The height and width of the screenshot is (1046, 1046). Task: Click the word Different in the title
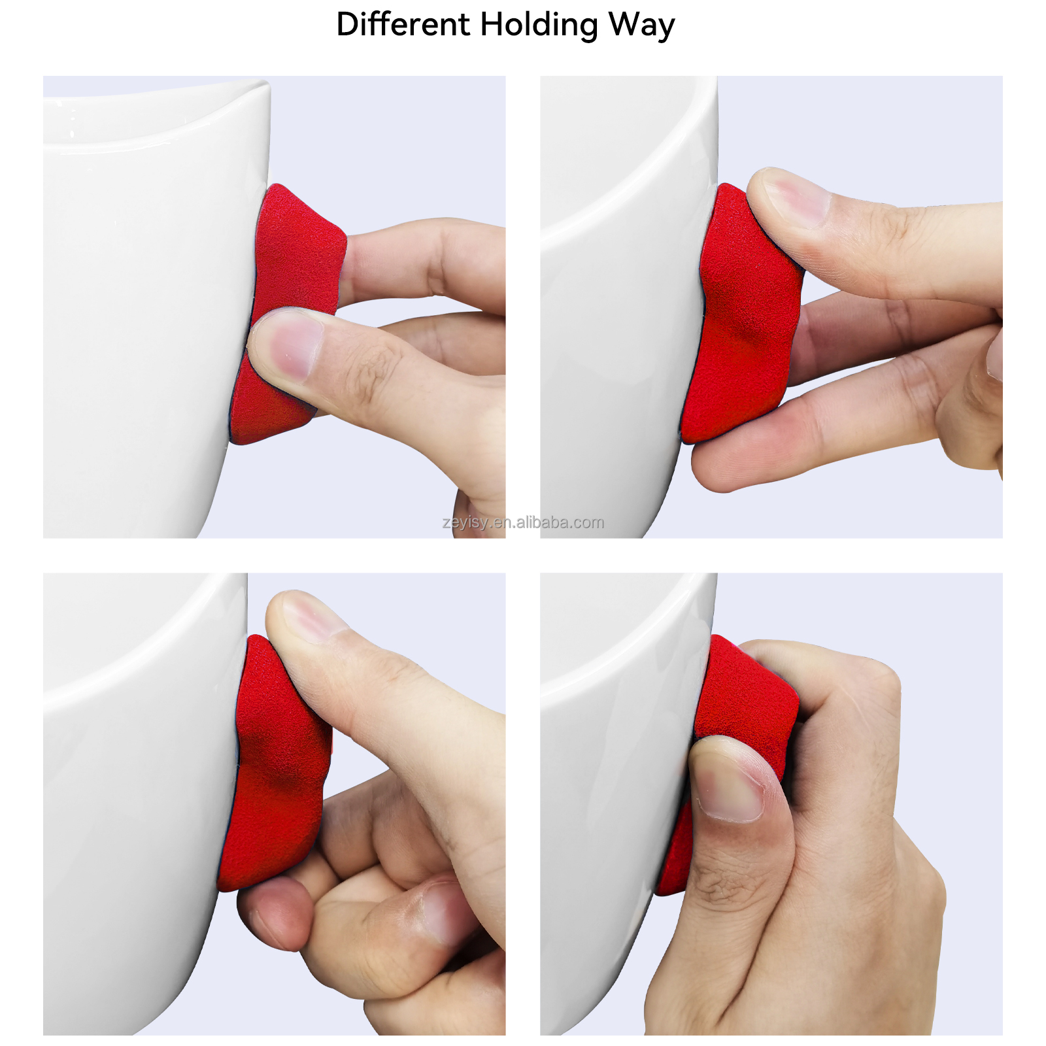tap(402, 25)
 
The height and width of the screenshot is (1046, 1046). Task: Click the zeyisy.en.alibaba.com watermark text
tap(523, 522)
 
